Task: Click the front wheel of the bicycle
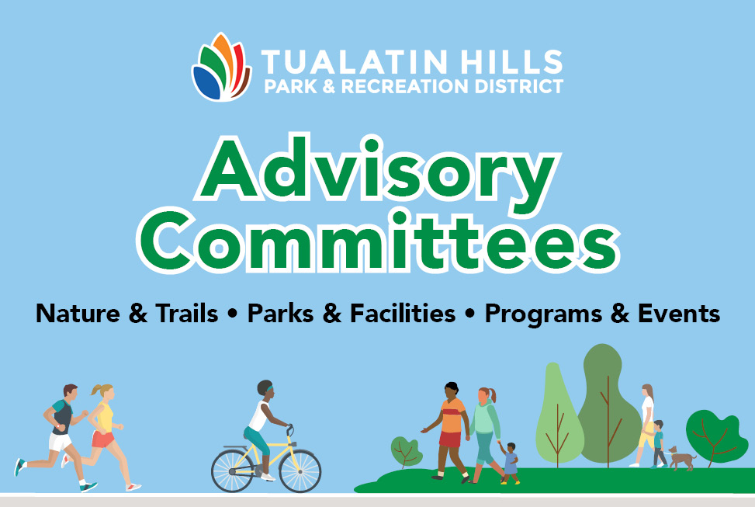tap(300, 470)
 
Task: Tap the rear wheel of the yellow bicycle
tap(233, 470)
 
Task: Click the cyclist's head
tap(265, 389)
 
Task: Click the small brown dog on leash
tap(682, 458)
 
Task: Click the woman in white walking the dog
tap(645, 423)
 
